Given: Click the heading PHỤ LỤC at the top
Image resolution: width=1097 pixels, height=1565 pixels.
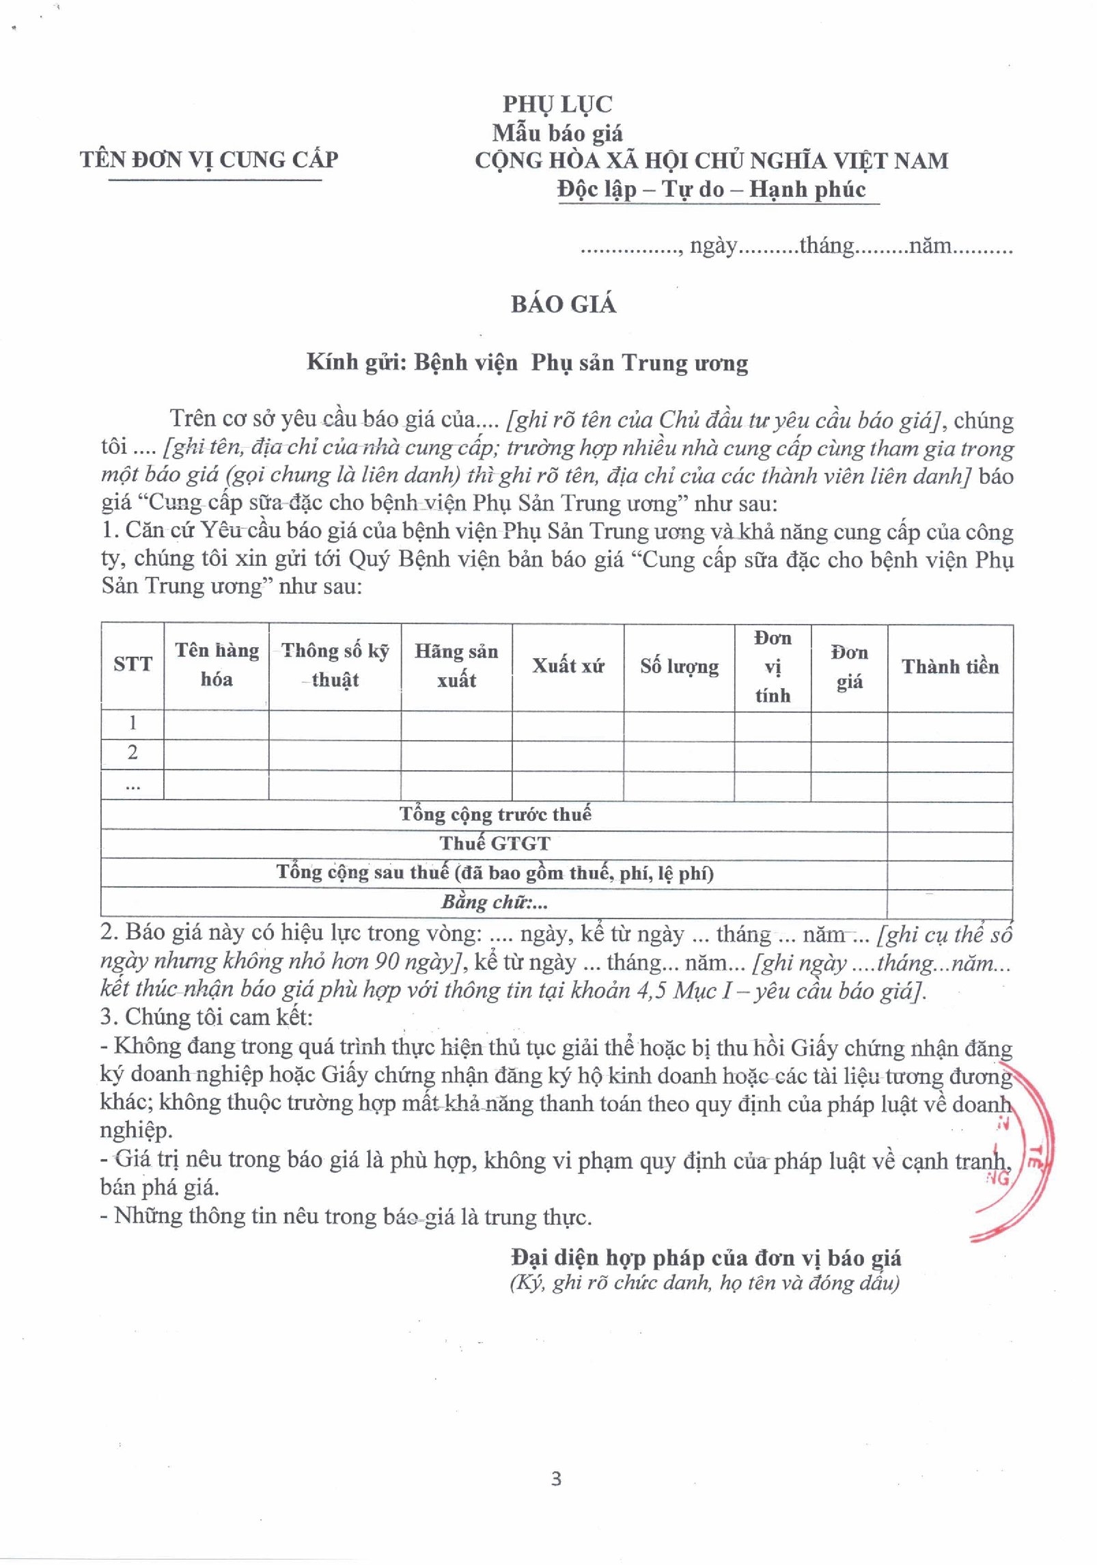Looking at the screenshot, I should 557,104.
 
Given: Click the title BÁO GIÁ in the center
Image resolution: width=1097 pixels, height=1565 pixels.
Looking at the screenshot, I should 564,304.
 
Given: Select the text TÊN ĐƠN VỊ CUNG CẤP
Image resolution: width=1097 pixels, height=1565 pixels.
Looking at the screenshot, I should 209,159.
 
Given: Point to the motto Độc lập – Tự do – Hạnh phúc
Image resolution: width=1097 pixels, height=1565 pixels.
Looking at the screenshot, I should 712,189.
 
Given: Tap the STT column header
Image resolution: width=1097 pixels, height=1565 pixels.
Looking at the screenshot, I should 133,664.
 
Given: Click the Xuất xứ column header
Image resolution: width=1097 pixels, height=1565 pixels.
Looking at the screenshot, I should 568,666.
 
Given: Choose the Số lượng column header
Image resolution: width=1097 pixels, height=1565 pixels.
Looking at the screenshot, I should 679,666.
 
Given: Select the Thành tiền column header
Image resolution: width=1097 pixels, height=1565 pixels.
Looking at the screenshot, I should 949,667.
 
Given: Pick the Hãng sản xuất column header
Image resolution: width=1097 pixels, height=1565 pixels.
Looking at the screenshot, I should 456,666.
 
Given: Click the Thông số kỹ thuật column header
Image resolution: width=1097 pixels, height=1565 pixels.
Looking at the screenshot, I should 335,665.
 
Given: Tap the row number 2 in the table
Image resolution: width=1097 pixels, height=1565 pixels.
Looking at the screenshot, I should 133,752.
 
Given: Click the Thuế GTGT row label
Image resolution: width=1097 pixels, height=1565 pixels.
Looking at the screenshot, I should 495,843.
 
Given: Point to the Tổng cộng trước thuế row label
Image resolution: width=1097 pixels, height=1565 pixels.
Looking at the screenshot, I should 495,814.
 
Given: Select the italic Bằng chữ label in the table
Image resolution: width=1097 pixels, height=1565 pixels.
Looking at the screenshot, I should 495,902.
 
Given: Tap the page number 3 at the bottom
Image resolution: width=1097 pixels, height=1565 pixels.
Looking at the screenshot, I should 556,1478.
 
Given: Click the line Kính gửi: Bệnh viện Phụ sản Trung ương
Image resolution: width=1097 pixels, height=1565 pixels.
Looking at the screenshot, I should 527,362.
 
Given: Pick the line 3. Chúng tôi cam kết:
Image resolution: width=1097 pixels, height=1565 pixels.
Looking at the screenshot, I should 206,1017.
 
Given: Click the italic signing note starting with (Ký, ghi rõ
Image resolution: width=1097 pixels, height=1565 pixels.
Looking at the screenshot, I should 704,1283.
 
